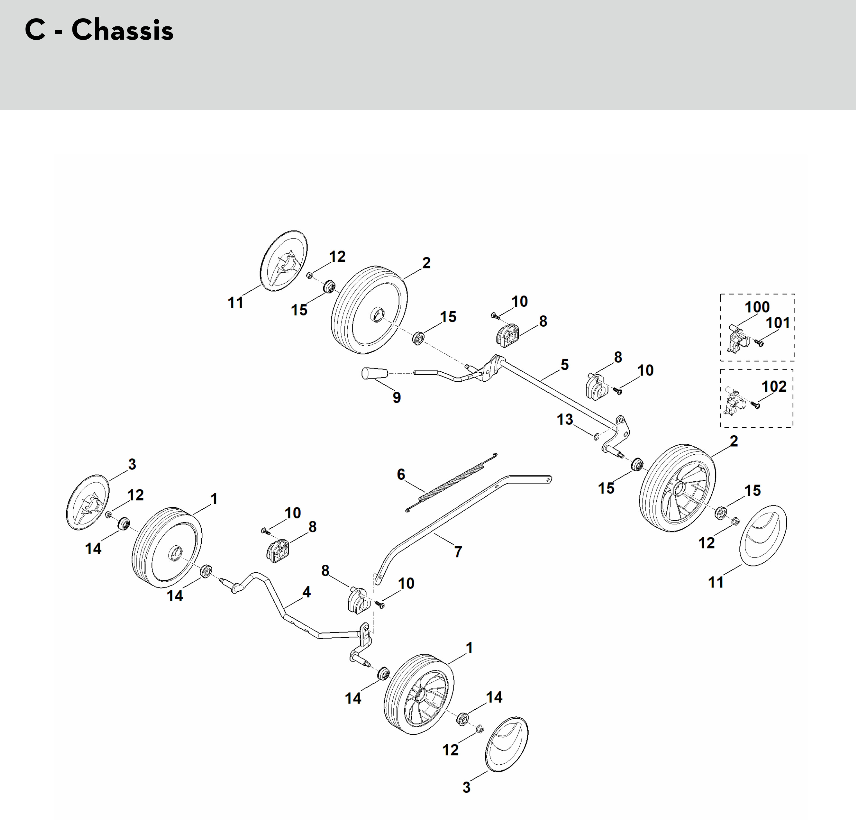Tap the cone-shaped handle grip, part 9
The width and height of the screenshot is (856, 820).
(x=374, y=374)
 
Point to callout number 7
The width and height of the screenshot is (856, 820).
(x=458, y=552)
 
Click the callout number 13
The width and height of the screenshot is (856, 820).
(x=565, y=420)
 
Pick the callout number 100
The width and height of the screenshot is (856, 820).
(x=757, y=307)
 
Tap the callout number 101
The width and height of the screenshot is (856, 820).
(x=778, y=323)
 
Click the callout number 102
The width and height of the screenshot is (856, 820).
(x=774, y=386)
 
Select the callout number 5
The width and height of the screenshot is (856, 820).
(x=565, y=365)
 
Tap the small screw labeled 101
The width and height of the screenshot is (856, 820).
(x=760, y=344)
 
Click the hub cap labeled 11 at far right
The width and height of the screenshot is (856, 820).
(x=762, y=536)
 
